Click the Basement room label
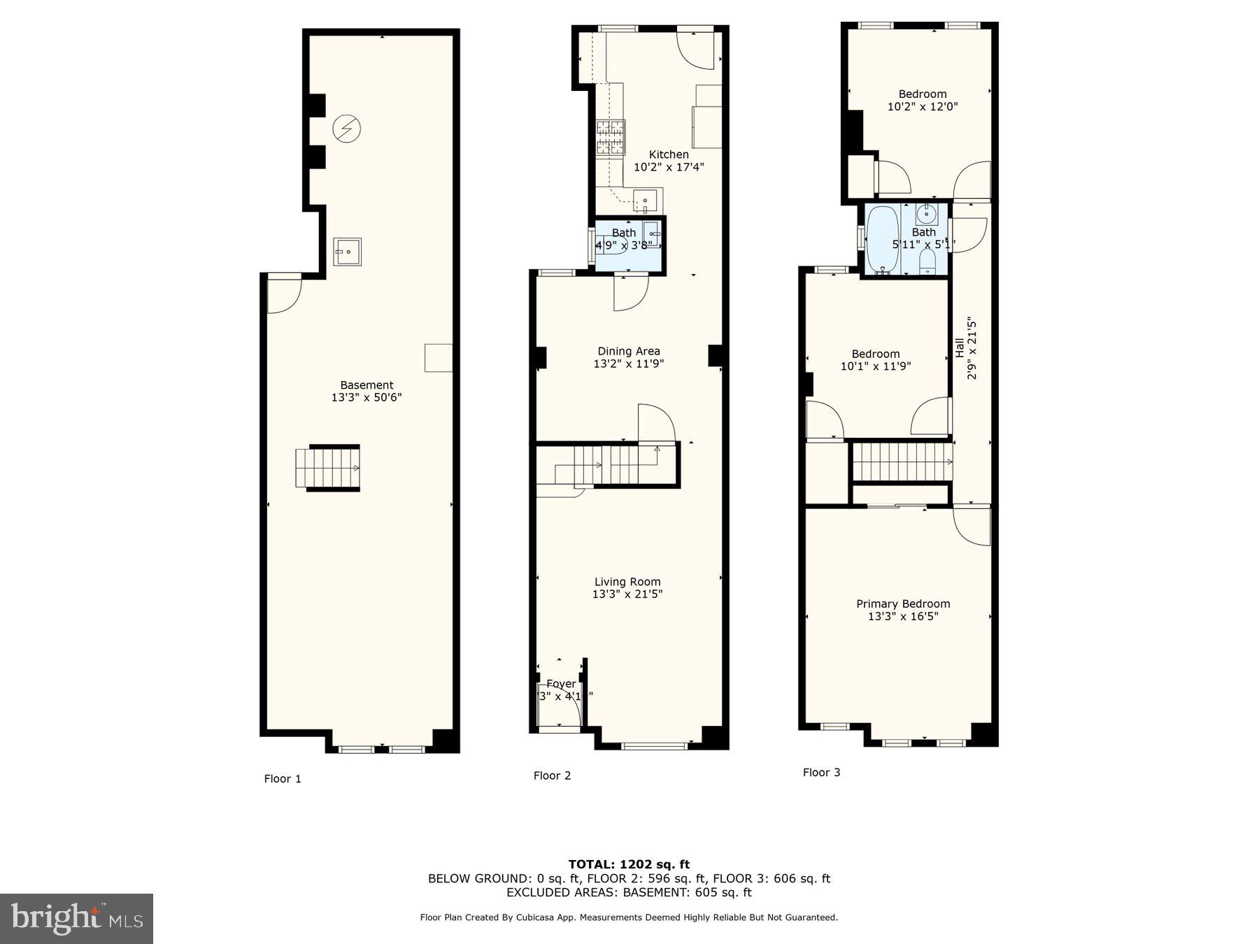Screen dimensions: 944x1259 pyautogui.click(x=367, y=385)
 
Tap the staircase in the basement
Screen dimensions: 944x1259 pyautogui.click(x=328, y=468)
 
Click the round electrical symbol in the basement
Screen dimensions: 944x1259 pyautogui.click(x=346, y=129)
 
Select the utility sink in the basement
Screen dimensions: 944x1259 pyautogui.click(x=347, y=252)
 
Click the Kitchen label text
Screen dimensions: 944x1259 pyautogui.click(x=669, y=155)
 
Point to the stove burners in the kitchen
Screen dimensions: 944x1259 pyautogui.click(x=610, y=137)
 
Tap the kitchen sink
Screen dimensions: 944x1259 pyautogui.click(x=646, y=200)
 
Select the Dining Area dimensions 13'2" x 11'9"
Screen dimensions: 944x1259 pyautogui.click(x=628, y=364)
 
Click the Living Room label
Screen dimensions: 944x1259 pyautogui.click(x=627, y=582)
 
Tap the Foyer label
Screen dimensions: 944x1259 pyautogui.click(x=561, y=684)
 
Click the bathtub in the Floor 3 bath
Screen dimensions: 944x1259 pyautogui.click(x=882, y=239)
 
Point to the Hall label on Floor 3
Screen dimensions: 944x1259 pyautogui.click(x=959, y=348)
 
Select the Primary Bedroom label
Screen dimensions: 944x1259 pyautogui.click(x=903, y=604)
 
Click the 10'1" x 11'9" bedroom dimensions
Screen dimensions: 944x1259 pyautogui.click(x=876, y=366)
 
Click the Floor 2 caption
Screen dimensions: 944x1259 pyautogui.click(x=552, y=775)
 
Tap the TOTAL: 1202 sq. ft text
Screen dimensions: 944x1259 pyautogui.click(x=629, y=864)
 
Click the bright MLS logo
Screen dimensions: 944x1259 pyautogui.click(x=76, y=919)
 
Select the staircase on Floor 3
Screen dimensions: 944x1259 pyautogui.click(x=902, y=462)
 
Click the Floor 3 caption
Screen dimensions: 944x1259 pyautogui.click(x=821, y=773)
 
